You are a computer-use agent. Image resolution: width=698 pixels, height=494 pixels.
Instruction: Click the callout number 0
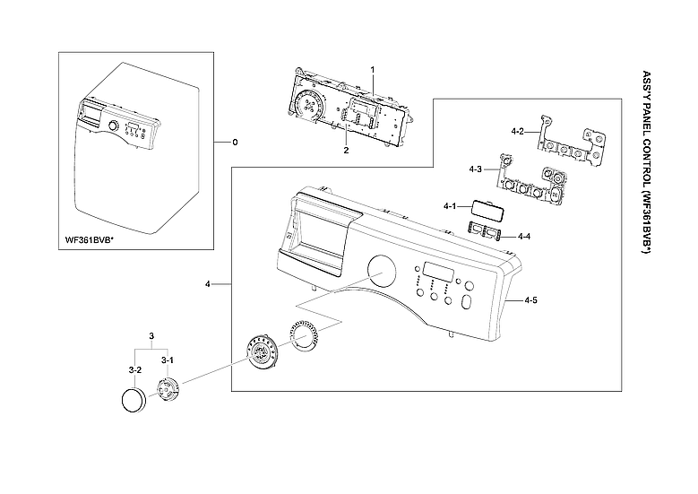[235, 143]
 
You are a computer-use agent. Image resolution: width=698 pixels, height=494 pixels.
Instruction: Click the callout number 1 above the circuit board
[372, 70]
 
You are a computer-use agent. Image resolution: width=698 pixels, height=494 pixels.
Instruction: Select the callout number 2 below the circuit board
[346, 151]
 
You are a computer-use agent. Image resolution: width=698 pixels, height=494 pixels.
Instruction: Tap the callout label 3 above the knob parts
[152, 336]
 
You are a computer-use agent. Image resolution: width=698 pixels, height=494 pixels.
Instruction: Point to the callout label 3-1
[167, 360]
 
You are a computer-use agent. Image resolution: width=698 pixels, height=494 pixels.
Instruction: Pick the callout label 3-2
[134, 369]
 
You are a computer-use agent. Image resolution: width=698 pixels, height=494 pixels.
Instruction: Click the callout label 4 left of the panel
[207, 284]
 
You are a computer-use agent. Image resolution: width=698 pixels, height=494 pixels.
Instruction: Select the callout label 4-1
[450, 206]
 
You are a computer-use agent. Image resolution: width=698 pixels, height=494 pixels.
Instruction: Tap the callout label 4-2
[517, 131]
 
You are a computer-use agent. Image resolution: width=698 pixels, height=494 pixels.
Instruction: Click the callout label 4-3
[475, 169]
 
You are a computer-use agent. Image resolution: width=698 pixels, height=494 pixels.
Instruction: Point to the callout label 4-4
[524, 236]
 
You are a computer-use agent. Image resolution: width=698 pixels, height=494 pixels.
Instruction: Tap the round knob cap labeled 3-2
[133, 400]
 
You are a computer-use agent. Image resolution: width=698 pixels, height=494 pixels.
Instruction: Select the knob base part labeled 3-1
[168, 390]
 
